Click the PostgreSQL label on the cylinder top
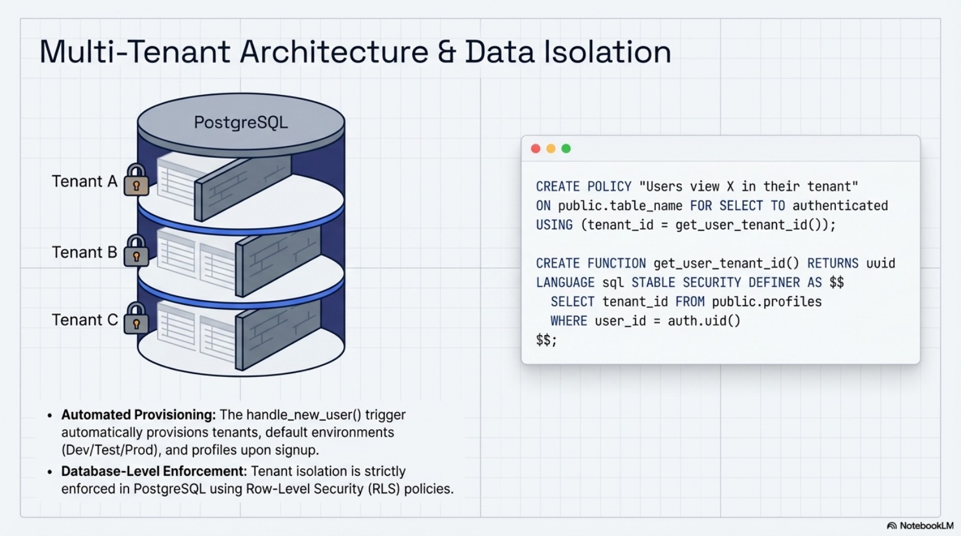tap(241, 122)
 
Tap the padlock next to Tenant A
tap(136, 181)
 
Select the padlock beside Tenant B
tap(136, 252)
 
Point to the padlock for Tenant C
tap(136, 320)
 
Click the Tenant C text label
tap(85, 320)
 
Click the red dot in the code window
tap(536, 148)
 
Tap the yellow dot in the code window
tap(551, 148)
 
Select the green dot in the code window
tap(566, 148)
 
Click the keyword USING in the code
tap(554, 225)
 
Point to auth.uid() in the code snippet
tap(704, 321)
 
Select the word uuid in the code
tap(881, 263)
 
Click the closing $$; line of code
tap(547, 340)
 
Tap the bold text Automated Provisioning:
tap(138, 415)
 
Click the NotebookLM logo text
tap(926, 526)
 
